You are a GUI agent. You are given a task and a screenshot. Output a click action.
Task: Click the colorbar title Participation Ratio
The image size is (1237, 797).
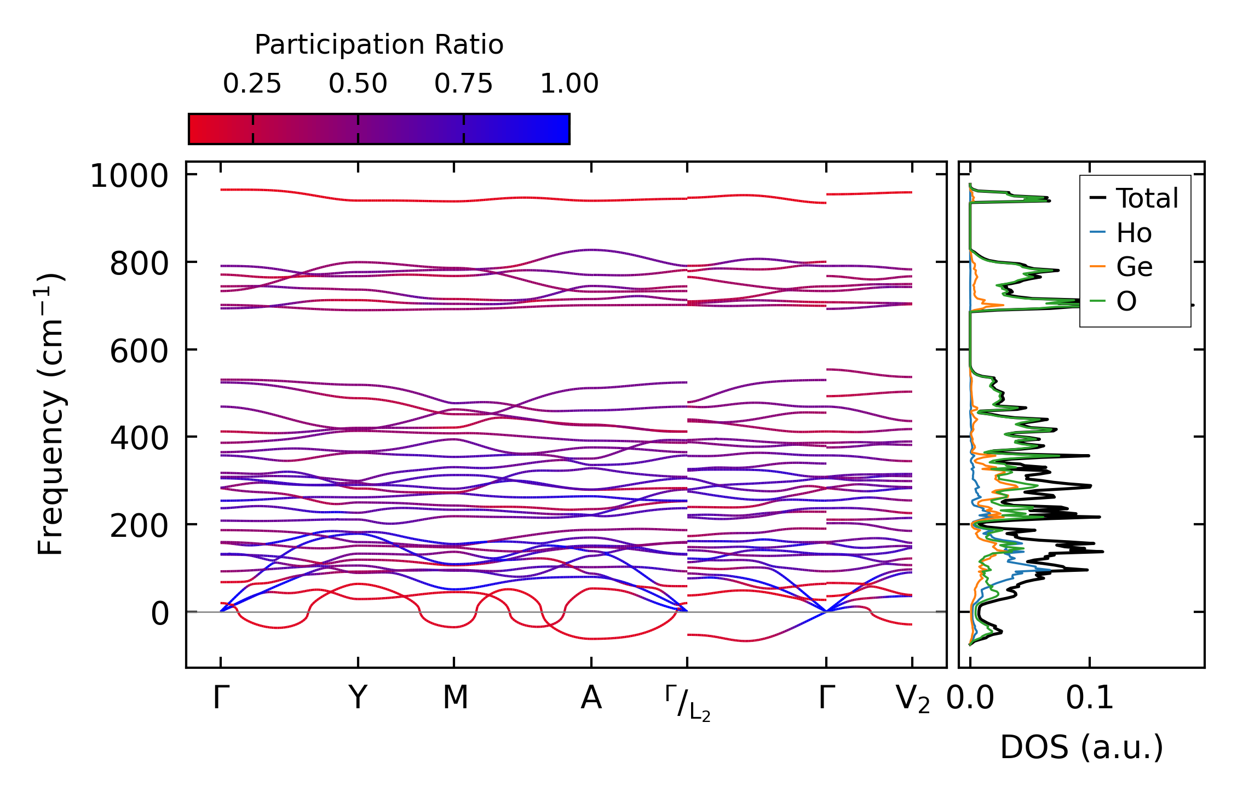379,45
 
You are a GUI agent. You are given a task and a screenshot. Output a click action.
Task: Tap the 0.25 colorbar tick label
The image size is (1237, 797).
252,84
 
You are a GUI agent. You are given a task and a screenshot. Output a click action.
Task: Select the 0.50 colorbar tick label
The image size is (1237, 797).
358,84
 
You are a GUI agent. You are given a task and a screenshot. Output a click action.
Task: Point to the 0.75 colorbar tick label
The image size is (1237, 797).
464,84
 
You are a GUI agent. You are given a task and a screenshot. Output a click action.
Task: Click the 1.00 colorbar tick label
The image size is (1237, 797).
569,84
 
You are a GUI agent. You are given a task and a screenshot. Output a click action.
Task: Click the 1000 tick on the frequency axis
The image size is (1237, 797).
129,176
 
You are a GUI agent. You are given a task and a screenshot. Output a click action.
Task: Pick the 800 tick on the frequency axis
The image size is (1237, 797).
139,264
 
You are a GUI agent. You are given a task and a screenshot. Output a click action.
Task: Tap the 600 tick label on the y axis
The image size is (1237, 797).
139,351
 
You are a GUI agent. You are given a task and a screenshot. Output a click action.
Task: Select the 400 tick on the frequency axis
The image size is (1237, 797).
139,438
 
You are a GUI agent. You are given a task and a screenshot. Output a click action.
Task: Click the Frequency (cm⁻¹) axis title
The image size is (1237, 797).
51,414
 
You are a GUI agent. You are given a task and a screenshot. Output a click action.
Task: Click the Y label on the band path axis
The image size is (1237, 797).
358,698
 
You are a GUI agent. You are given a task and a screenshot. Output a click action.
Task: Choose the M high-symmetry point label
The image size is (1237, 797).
456,698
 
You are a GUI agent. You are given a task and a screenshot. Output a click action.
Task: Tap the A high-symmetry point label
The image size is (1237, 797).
591,698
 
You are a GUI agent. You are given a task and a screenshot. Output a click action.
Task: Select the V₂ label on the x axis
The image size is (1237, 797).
912,699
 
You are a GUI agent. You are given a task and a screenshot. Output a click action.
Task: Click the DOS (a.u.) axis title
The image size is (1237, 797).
1081,748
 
